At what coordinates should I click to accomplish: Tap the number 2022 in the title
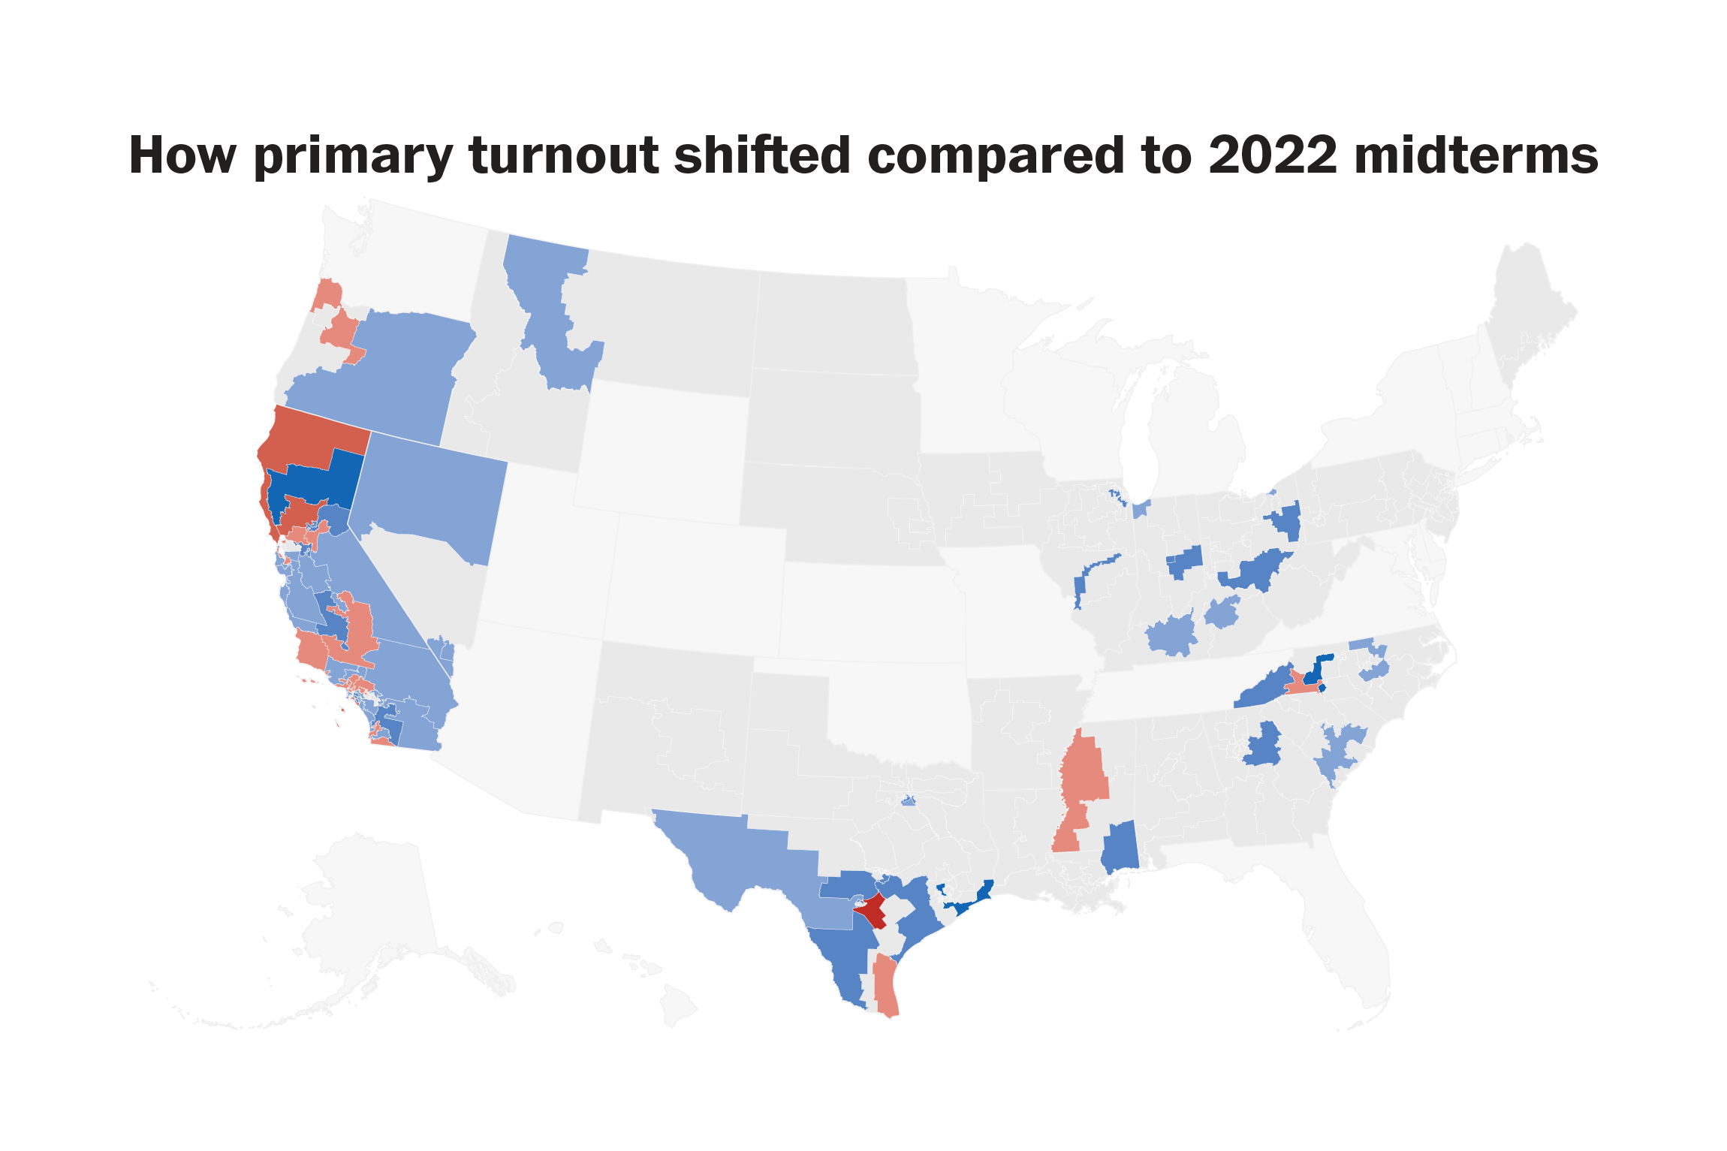tap(1273, 155)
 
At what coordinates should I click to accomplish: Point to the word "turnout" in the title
tap(564, 156)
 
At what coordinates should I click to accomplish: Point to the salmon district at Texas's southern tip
tap(886, 987)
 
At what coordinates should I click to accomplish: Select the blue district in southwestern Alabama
tap(1120, 847)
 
